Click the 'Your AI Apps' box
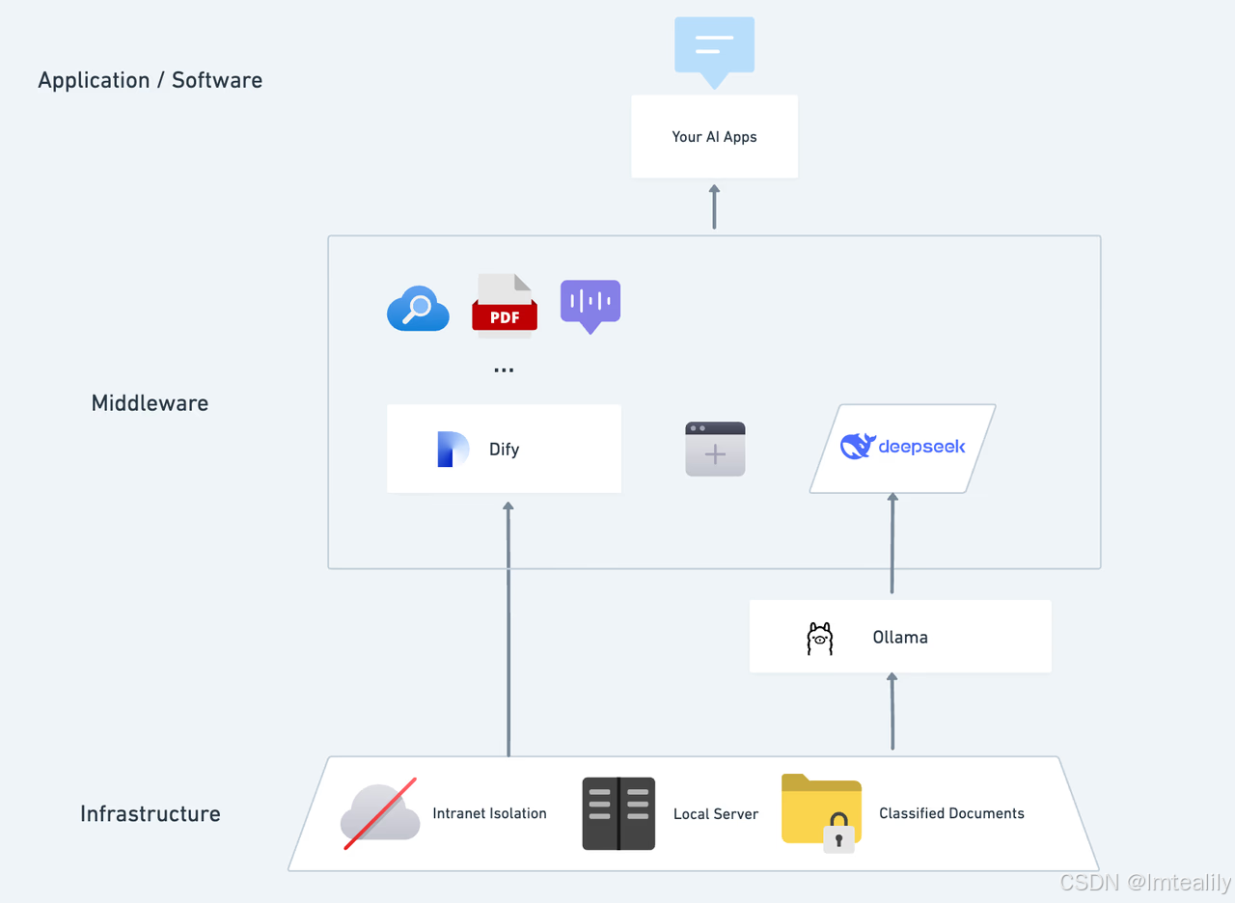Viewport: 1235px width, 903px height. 714,137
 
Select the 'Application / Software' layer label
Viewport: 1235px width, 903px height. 150,80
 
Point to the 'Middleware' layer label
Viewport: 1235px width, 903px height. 150,403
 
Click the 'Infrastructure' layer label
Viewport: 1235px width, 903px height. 150,814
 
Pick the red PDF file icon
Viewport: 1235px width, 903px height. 505,306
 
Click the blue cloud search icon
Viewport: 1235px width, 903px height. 418,309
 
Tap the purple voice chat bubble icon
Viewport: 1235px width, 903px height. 590,304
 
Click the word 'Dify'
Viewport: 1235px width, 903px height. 504,450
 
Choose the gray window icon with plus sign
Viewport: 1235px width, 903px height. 715,450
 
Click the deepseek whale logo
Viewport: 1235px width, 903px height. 857,446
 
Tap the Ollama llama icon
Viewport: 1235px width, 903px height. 819,639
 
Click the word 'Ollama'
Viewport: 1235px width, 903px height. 900,638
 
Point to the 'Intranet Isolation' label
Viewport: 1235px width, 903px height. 489,813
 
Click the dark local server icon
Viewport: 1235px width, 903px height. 618,814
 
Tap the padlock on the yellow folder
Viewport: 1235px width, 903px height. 838,833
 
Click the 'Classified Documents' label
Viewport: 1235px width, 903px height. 951,813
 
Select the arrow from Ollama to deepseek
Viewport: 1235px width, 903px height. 892,545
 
